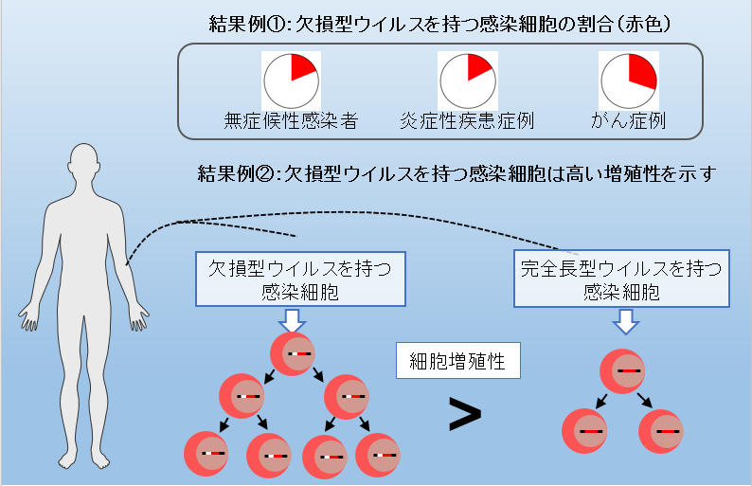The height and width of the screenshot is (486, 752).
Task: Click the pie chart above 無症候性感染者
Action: pos(291,81)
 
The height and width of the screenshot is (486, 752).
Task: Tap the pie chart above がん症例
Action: pos(628,81)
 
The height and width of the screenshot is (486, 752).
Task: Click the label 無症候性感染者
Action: pos(291,120)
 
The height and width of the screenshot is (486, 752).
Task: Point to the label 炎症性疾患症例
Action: pos(467,120)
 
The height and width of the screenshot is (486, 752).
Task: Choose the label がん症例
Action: pos(628,120)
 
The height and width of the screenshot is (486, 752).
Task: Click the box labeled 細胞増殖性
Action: pos(444,360)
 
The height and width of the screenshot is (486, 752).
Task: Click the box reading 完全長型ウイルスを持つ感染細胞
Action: pos(620,279)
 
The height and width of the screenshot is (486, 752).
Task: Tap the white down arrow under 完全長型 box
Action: pos(624,323)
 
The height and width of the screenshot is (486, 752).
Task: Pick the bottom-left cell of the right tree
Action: pos(584,431)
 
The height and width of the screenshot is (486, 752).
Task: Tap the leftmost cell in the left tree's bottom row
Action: pos(206,454)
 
